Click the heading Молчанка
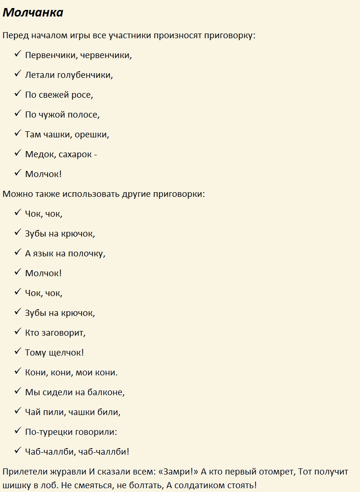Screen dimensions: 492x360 (33, 13)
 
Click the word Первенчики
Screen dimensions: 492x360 (51, 55)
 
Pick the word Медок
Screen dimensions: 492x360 (40, 154)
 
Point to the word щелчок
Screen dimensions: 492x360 (65, 353)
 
